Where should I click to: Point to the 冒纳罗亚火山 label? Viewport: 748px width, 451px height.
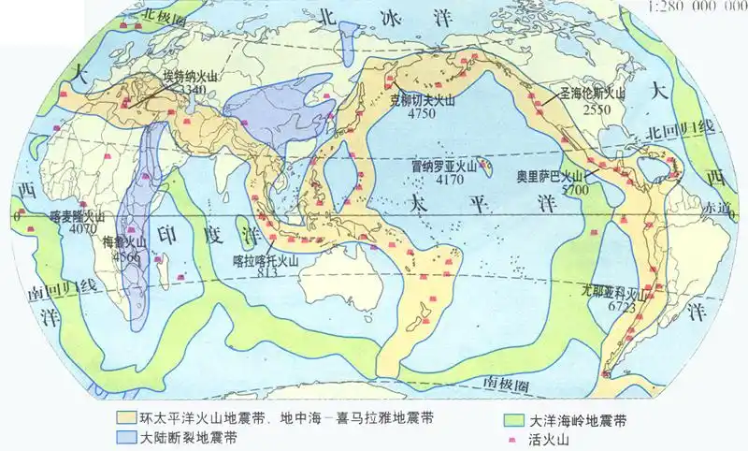[x=444, y=166]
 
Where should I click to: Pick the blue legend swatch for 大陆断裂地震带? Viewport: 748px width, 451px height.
[x=126, y=436]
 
